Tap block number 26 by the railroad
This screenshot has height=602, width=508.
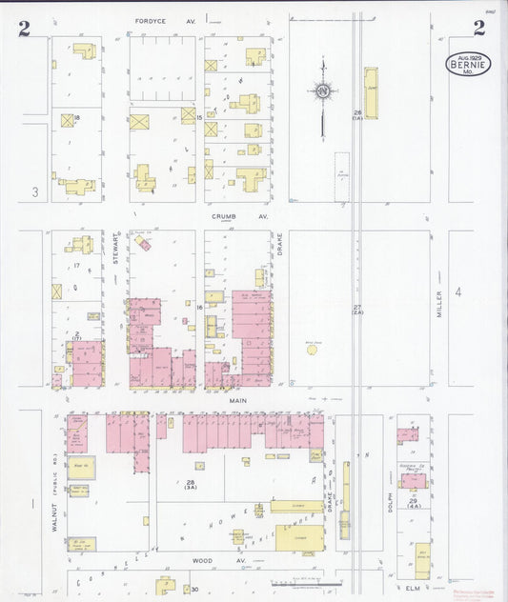click(357, 113)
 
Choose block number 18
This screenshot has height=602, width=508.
click(76, 117)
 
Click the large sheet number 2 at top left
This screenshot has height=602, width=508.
click(24, 28)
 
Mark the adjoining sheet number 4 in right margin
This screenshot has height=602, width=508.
click(458, 292)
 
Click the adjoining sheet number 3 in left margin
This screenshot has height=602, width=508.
click(34, 193)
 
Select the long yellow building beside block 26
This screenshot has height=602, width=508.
click(370, 92)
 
